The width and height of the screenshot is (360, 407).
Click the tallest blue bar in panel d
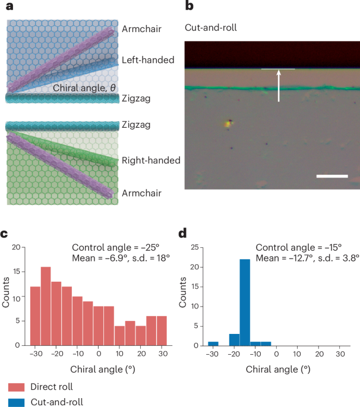pos(245,302)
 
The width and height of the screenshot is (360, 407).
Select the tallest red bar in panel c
pos(46,306)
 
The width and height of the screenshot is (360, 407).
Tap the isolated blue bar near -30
pos(213,343)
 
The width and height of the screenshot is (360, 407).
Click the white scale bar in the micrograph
pos(332,176)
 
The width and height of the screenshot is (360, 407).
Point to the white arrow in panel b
pos(279,86)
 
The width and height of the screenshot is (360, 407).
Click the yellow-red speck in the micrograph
pos(228,124)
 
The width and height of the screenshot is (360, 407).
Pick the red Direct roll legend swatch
pos(17,387)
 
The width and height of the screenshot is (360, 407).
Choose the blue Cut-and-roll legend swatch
pos(17,403)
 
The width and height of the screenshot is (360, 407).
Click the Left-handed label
pos(148,60)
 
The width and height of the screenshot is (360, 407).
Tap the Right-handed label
pos(151,160)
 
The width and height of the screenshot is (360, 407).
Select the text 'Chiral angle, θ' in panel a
pos(84,88)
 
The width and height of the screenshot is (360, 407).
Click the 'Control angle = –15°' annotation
pos(298,247)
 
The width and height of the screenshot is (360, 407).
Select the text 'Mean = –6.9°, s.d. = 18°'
pos(121,258)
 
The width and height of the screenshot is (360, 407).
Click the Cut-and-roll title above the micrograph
pos(211,27)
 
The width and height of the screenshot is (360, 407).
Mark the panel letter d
pos(182,234)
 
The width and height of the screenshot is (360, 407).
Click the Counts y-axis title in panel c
pos(6,292)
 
